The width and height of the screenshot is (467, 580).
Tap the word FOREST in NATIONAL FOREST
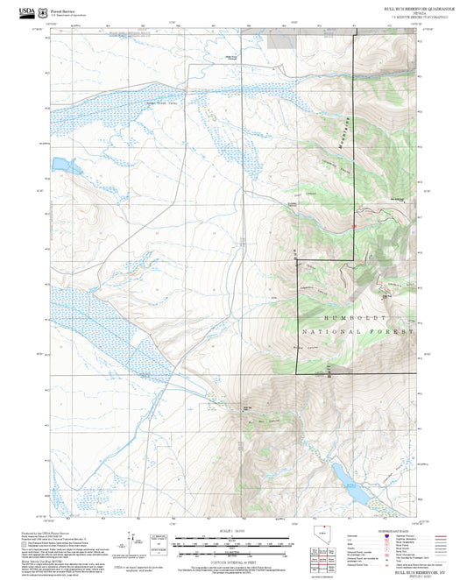394,333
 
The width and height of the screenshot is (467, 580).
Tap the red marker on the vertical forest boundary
354,227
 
